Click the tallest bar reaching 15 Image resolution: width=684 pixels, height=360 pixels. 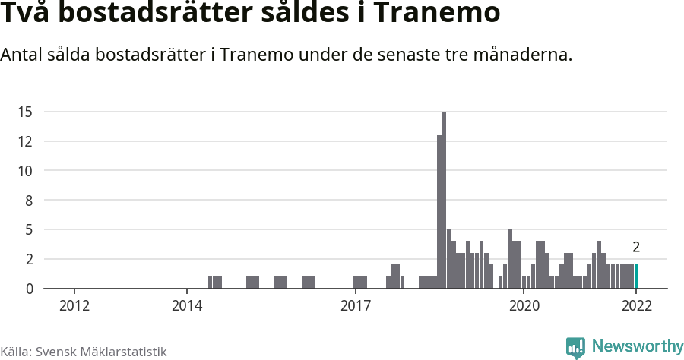(444, 200)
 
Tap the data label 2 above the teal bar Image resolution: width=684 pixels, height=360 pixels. (636, 247)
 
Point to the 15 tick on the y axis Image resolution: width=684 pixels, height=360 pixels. (26, 112)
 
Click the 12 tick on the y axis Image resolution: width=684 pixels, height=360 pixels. (26, 141)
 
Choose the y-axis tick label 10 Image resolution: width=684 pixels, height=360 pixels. (26, 171)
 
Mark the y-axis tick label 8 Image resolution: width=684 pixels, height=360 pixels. (29, 201)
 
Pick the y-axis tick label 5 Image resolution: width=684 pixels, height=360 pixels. (29, 229)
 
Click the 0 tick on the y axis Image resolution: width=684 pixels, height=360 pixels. (29, 289)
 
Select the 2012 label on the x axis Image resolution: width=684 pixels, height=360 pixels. (74, 305)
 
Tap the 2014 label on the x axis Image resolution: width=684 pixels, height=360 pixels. (187, 305)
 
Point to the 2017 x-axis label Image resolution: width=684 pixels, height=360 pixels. (355, 305)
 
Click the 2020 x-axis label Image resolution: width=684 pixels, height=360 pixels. (524, 305)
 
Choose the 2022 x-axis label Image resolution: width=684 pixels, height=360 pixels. (636, 305)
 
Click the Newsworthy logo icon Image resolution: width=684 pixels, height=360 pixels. (575, 347)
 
